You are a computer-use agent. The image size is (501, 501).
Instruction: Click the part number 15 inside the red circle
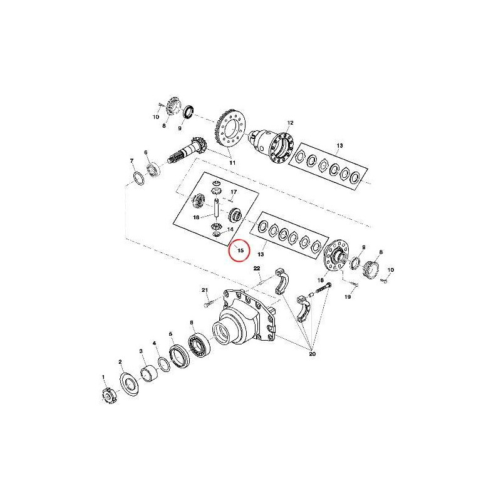(x=240, y=250)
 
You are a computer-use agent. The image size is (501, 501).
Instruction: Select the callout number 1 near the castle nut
(x=103, y=377)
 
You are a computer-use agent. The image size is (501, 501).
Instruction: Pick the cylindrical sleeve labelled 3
(x=149, y=374)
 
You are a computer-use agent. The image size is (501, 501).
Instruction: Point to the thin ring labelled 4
(x=164, y=364)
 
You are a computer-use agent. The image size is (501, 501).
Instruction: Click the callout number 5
(x=170, y=334)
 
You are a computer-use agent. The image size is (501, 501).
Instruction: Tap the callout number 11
(x=232, y=163)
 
